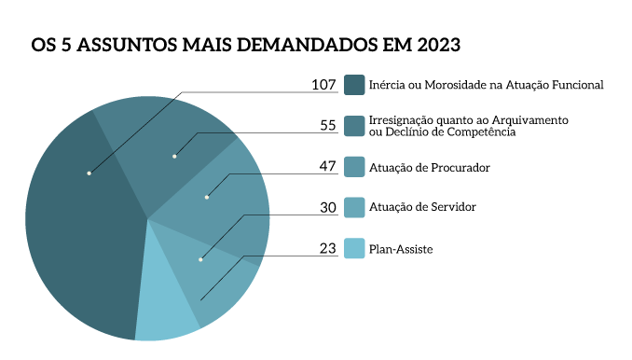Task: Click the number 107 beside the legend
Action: pyautogui.click(x=323, y=85)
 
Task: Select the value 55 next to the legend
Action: pyautogui.click(x=327, y=126)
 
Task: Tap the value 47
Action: pyautogui.click(x=327, y=167)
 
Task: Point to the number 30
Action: pyautogui.click(x=327, y=208)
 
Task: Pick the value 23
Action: pyautogui.click(x=327, y=249)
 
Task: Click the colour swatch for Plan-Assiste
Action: pyautogui.click(x=353, y=249)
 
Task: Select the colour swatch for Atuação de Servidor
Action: pyautogui.click(x=353, y=207)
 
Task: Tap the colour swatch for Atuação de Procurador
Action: pyautogui.click(x=353, y=167)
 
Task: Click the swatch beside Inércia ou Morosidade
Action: pyautogui.click(x=353, y=85)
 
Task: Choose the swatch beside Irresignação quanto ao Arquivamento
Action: pyautogui.click(x=353, y=126)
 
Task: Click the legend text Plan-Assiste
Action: pyautogui.click(x=401, y=249)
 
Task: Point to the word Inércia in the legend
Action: pyautogui.click(x=388, y=85)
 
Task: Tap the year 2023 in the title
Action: pyautogui.click(x=438, y=45)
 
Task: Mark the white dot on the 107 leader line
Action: pyautogui.click(x=89, y=173)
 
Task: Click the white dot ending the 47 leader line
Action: pyautogui.click(x=207, y=197)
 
